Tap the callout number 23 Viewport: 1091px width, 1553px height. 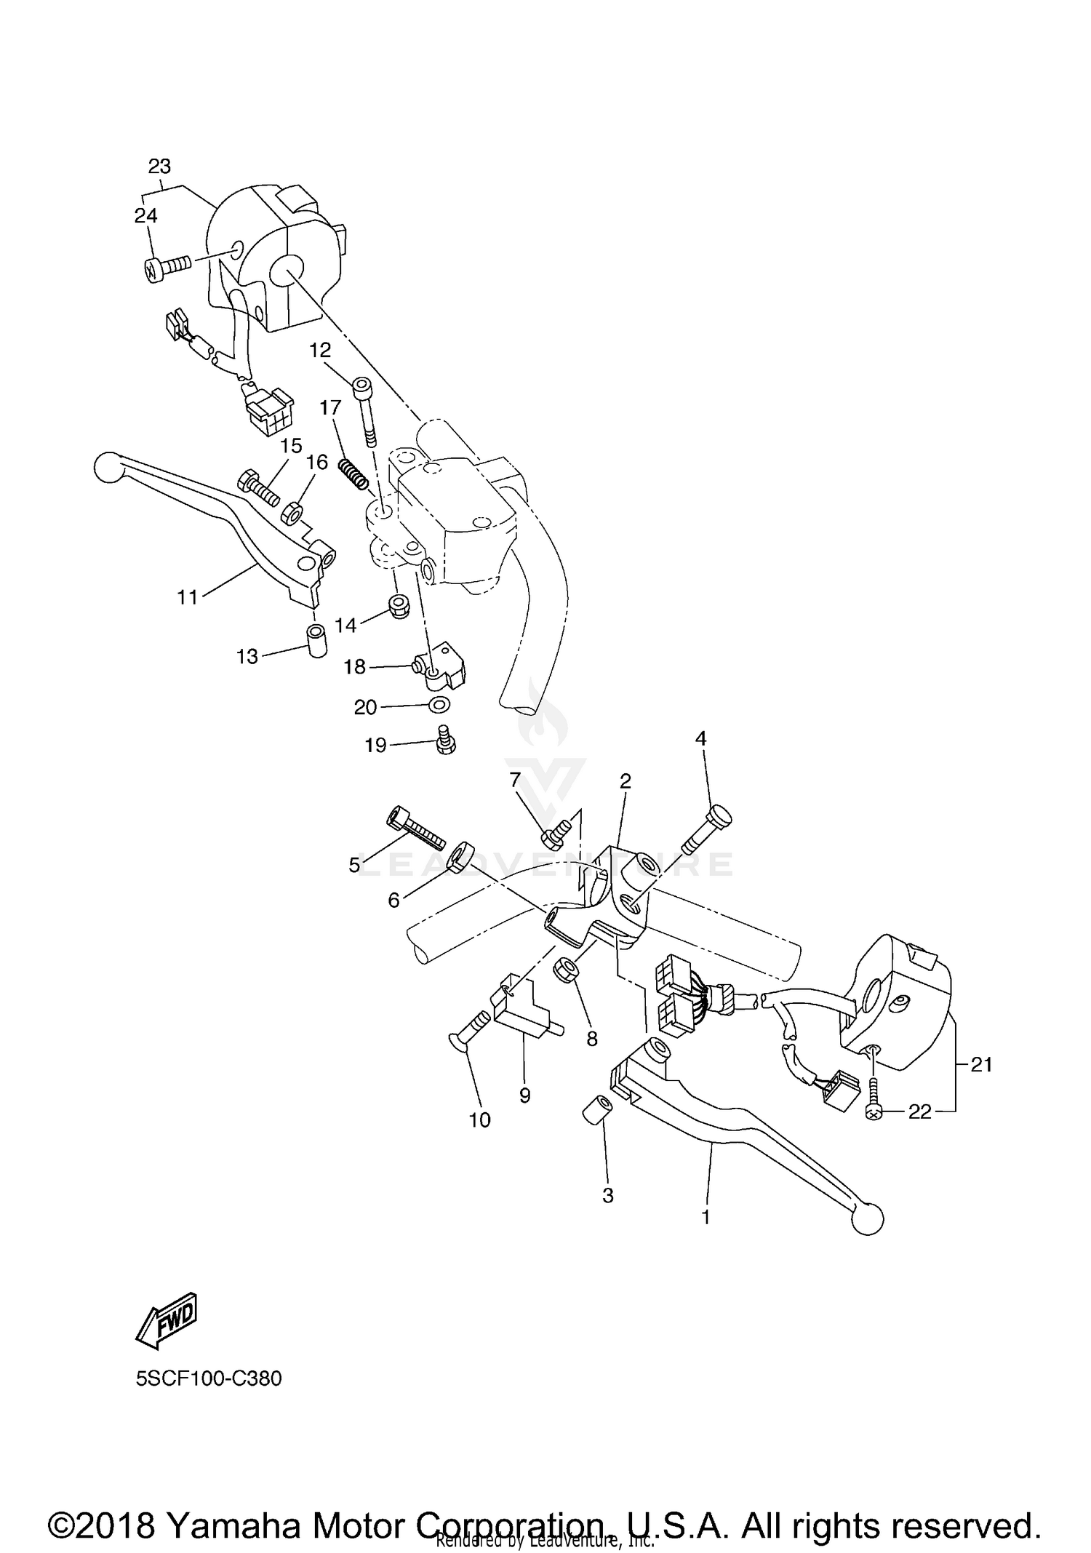click(159, 167)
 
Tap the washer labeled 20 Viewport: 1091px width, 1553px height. click(439, 704)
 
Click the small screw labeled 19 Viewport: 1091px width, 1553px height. click(445, 740)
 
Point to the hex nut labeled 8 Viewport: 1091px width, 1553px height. click(567, 970)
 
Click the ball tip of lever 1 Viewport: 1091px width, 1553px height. click(866, 1219)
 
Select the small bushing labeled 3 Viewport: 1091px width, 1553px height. click(596, 1111)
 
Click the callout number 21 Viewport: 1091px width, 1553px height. click(982, 1065)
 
